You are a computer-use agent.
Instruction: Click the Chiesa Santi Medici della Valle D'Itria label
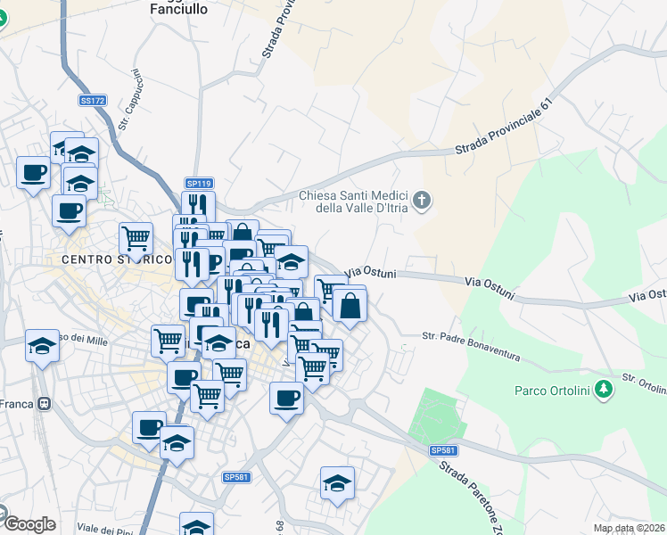coord(353,202)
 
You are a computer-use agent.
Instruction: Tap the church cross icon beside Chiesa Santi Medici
coord(423,202)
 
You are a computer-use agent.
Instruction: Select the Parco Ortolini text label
coord(553,390)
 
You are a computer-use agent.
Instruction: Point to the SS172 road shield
coord(92,100)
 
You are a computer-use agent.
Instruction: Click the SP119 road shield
coord(197,182)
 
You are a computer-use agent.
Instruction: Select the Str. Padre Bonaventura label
coord(471,345)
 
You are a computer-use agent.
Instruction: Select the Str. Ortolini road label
coord(644,383)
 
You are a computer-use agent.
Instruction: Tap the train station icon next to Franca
coord(42,404)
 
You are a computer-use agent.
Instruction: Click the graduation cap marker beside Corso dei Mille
coord(41,344)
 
